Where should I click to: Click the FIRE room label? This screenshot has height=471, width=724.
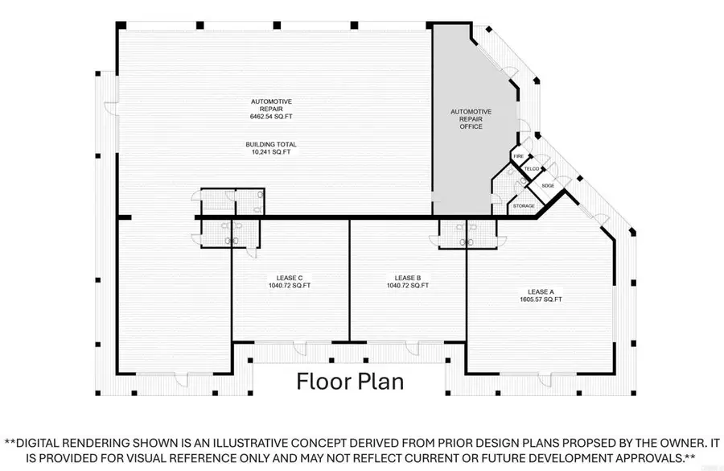click(519, 156)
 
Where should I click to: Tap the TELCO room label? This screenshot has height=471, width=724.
click(532, 169)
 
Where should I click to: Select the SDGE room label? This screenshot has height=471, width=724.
click(548, 186)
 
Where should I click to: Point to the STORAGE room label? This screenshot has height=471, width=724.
click(524, 206)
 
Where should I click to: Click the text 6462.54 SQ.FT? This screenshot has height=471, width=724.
click(271, 117)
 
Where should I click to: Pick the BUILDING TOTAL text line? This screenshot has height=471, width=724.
click(271, 144)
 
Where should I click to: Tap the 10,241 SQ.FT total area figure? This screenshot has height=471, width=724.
click(271, 151)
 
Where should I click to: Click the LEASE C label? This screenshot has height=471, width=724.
click(290, 278)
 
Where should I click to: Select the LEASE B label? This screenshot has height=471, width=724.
click(408, 278)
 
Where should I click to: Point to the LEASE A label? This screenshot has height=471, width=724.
click(541, 291)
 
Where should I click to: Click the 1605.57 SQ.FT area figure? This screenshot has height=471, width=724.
click(541, 299)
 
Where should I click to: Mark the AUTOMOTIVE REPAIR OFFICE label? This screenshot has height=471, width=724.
click(471, 119)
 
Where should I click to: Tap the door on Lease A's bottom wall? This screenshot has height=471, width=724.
click(545, 379)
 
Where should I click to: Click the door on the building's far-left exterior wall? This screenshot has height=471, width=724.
click(111, 108)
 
